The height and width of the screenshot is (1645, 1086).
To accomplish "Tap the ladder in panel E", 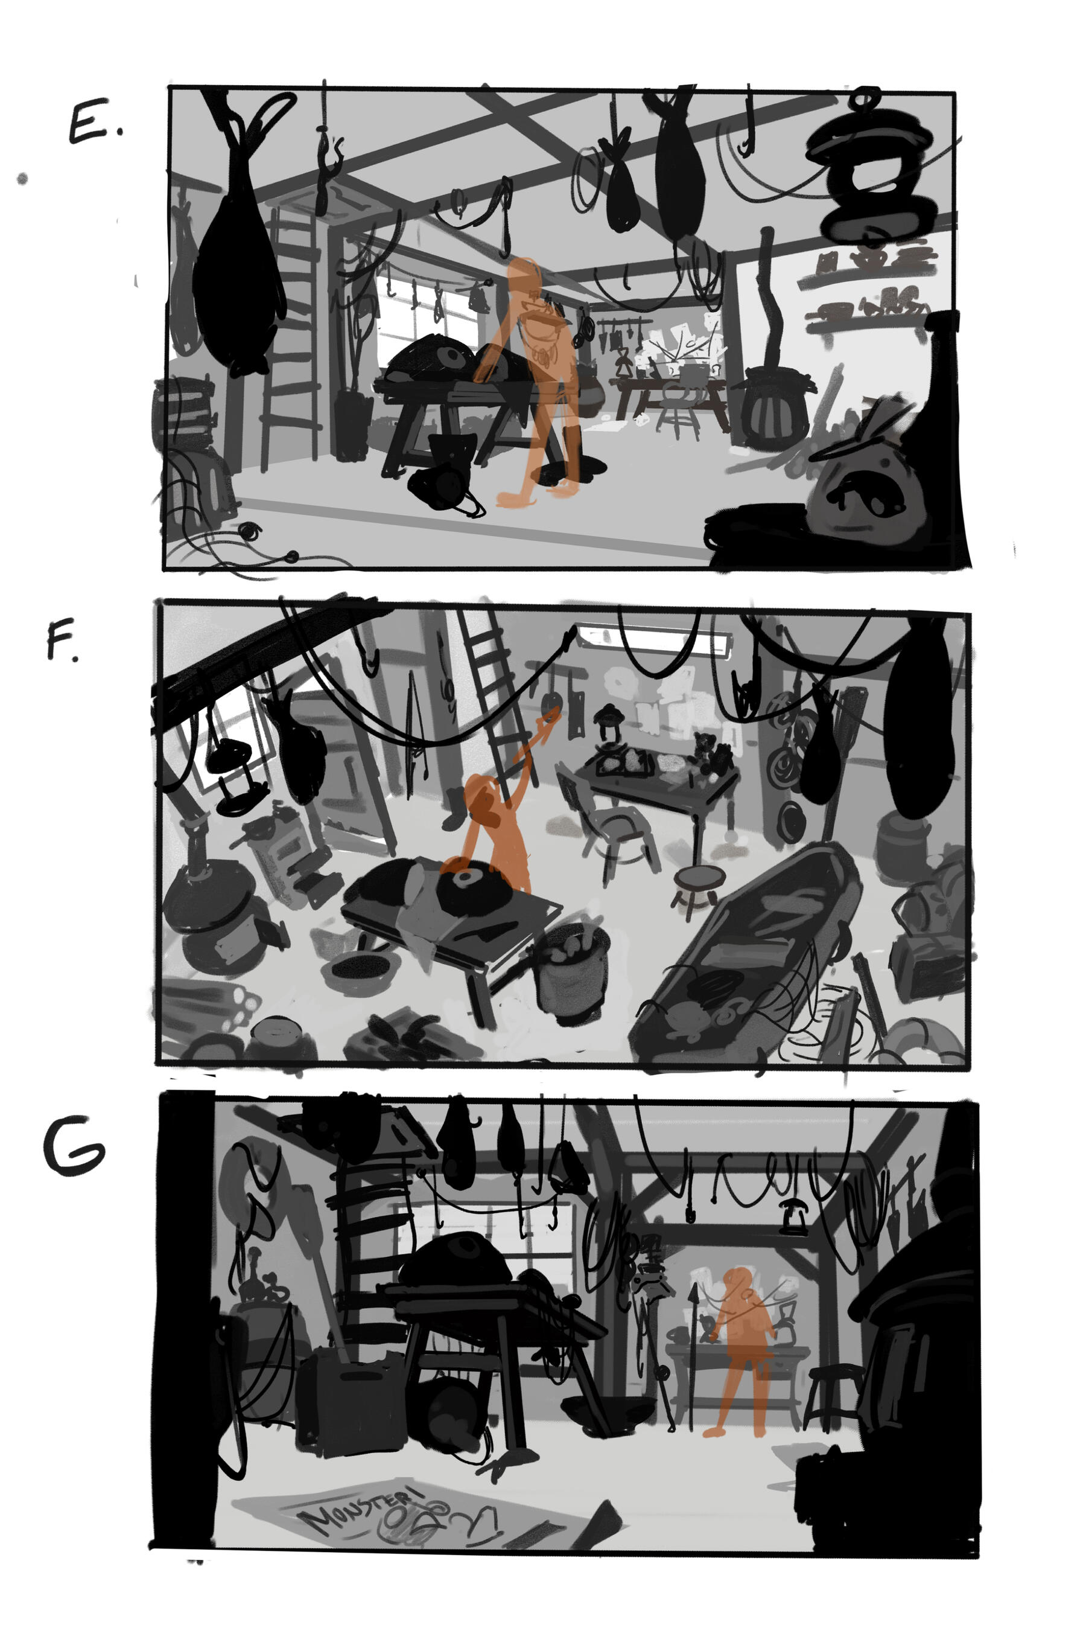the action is point(291,333).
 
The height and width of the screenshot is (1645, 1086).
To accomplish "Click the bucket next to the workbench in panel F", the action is point(572,970).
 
